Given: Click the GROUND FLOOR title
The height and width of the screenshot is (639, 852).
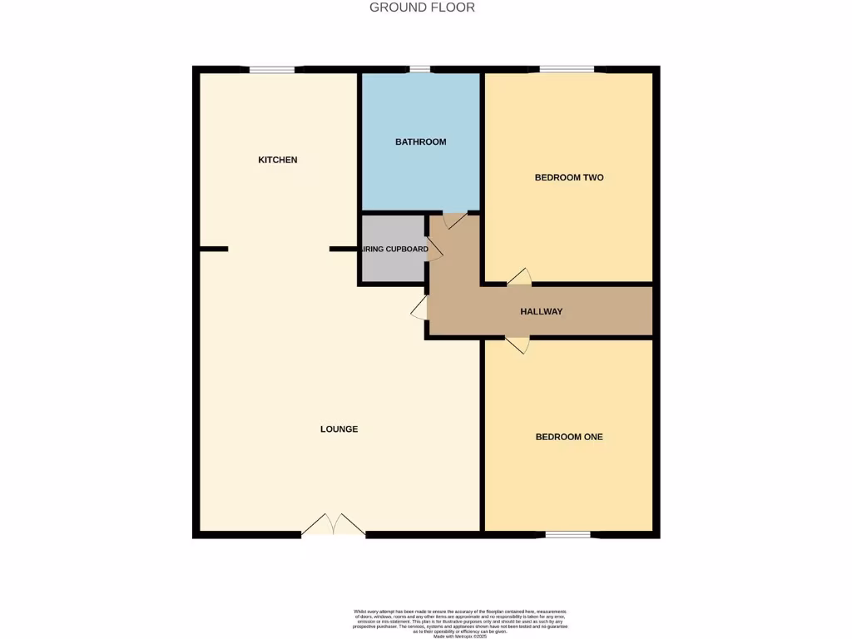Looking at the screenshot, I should [x=422, y=7].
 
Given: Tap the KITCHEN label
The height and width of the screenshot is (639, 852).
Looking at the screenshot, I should [x=278, y=160].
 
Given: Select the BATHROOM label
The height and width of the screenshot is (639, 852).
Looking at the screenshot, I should [x=420, y=142].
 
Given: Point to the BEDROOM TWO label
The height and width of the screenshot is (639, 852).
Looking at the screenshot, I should [x=569, y=177].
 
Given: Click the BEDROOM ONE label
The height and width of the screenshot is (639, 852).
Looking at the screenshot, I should [x=569, y=437].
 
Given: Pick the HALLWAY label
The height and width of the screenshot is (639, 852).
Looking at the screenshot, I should [x=542, y=312].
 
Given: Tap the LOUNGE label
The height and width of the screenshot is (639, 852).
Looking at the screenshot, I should [x=339, y=429].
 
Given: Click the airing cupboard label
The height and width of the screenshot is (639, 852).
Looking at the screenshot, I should [x=394, y=249].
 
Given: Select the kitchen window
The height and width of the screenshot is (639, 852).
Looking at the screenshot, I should [x=272, y=70].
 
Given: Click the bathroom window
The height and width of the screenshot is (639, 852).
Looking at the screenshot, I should [x=420, y=70].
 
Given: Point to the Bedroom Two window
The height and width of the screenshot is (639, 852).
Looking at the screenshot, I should [x=567, y=70].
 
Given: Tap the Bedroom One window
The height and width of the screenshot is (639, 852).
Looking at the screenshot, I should [x=568, y=533].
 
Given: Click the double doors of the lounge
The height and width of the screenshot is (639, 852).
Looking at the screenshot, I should [x=333, y=526].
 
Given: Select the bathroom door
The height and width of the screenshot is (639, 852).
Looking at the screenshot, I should [x=454, y=220].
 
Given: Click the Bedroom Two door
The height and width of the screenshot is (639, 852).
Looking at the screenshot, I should [x=519, y=278].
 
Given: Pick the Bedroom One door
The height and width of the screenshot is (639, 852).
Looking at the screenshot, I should [x=518, y=344].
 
